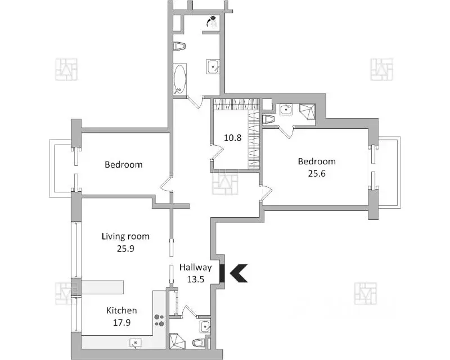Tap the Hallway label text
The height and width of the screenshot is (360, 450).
195,268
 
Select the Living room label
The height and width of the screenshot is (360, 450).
125,236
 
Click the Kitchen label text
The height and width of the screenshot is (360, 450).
122,310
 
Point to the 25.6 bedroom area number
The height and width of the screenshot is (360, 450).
317,173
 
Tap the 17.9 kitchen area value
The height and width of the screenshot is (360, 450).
122,322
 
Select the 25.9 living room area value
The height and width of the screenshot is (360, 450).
125,247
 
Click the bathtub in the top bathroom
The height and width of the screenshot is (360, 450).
179,80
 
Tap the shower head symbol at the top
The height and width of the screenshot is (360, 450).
212,22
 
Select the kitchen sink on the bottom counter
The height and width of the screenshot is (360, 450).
136,342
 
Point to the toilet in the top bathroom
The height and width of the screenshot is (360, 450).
178,46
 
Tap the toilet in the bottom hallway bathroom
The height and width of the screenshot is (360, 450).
198,342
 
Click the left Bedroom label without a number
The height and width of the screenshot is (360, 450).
123,165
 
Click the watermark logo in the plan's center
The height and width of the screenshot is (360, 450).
225,182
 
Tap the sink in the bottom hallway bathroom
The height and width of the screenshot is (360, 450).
204,326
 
